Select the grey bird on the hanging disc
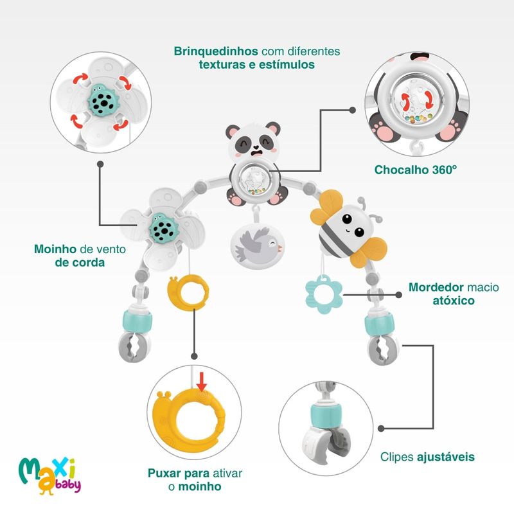pyautogui.click(x=256, y=245)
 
